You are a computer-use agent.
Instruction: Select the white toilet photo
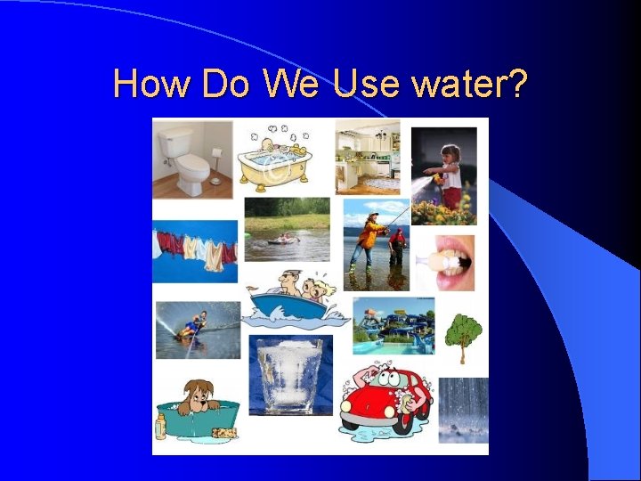pyautogui.click(x=192, y=158)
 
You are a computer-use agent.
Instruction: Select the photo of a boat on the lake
pyautogui.click(x=286, y=229)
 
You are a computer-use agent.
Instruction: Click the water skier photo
pyautogui.click(x=198, y=329)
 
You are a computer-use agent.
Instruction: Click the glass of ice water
pyautogui.click(x=289, y=374)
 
